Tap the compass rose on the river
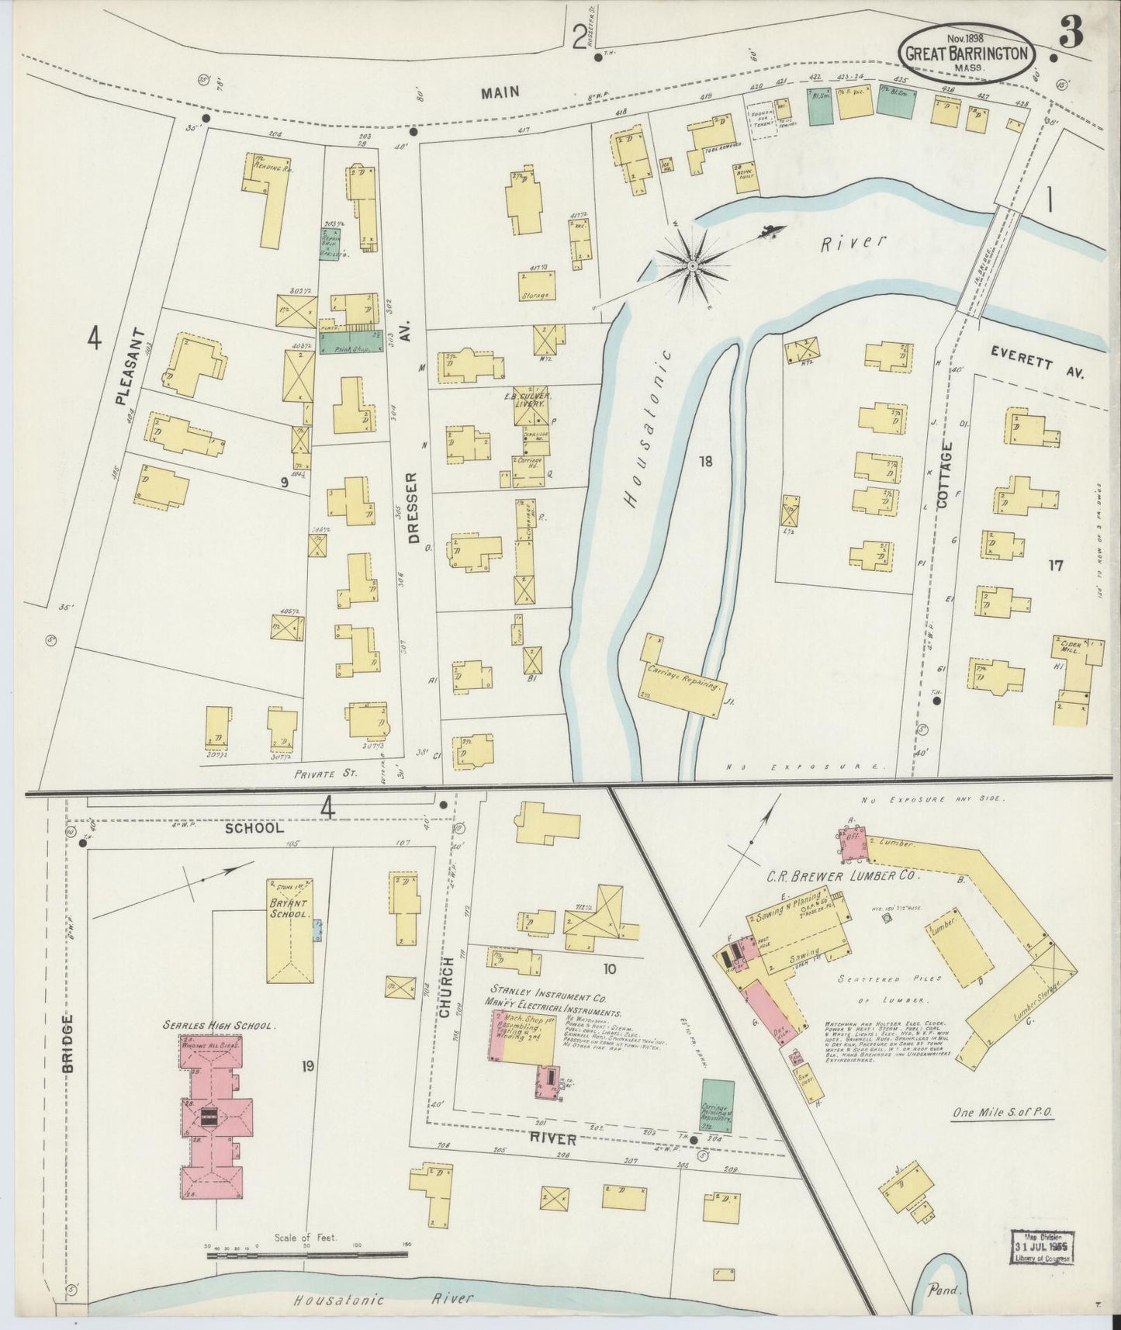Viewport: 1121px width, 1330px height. coord(691,266)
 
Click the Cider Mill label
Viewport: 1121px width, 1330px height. coord(1071,646)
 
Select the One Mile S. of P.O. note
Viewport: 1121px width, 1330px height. coord(1005,1112)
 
